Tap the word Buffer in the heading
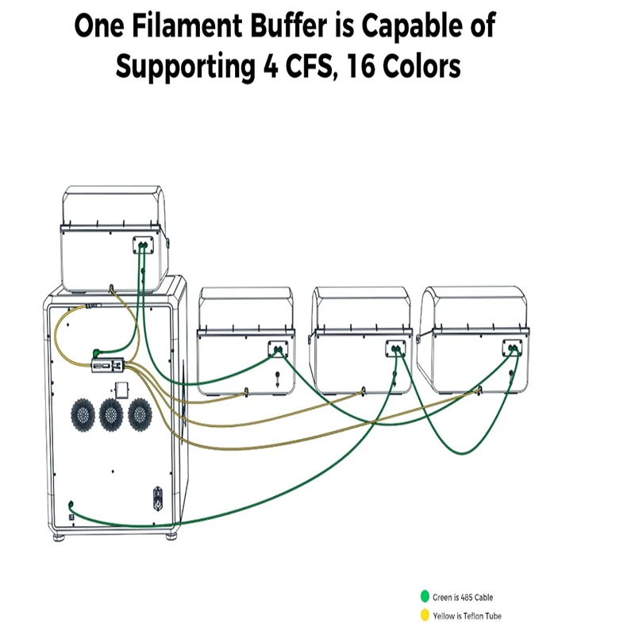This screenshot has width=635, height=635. tap(288, 25)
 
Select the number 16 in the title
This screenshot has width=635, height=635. tap(360, 66)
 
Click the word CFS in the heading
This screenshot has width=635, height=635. tap(310, 66)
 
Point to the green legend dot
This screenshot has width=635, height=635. tap(425, 596)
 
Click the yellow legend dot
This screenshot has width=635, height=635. tap(425, 614)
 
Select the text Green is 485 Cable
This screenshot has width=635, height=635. tap(463, 597)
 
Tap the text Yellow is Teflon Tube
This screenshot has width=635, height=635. tap(467, 616)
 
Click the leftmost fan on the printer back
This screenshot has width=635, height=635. tap(83, 414)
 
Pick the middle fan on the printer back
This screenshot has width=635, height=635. tap(111, 414)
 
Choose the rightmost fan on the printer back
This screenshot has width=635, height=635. tap(140, 414)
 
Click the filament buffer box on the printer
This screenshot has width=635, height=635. tap(107, 365)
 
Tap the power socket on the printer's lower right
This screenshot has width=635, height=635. tap(158, 498)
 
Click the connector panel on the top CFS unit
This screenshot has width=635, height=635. tap(144, 245)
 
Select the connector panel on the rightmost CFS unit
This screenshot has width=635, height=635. tap(512, 348)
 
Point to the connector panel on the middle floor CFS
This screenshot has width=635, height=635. tap(395, 348)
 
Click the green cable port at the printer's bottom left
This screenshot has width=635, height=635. tap(71, 505)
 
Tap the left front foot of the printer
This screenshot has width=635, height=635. tap(59, 538)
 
